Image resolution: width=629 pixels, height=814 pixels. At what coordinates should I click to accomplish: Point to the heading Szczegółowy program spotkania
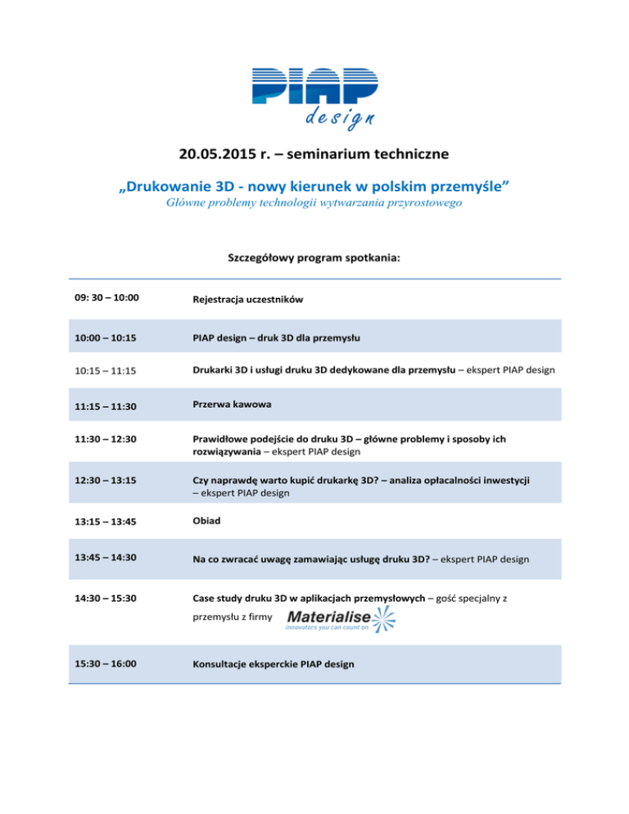click(x=314, y=257)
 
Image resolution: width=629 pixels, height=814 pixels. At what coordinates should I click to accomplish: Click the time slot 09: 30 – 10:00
click(x=103, y=299)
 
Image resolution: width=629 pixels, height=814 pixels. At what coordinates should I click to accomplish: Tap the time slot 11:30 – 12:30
click(x=102, y=440)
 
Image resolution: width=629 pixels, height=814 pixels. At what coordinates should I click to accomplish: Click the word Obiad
click(x=207, y=521)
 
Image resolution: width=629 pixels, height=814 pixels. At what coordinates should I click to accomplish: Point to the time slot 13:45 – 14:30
click(x=102, y=557)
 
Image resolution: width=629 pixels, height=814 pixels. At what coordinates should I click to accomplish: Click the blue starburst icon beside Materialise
click(x=382, y=619)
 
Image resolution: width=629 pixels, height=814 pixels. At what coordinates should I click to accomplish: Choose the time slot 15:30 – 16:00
click(x=102, y=663)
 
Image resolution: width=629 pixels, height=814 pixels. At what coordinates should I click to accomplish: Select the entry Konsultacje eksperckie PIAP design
click(x=274, y=664)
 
